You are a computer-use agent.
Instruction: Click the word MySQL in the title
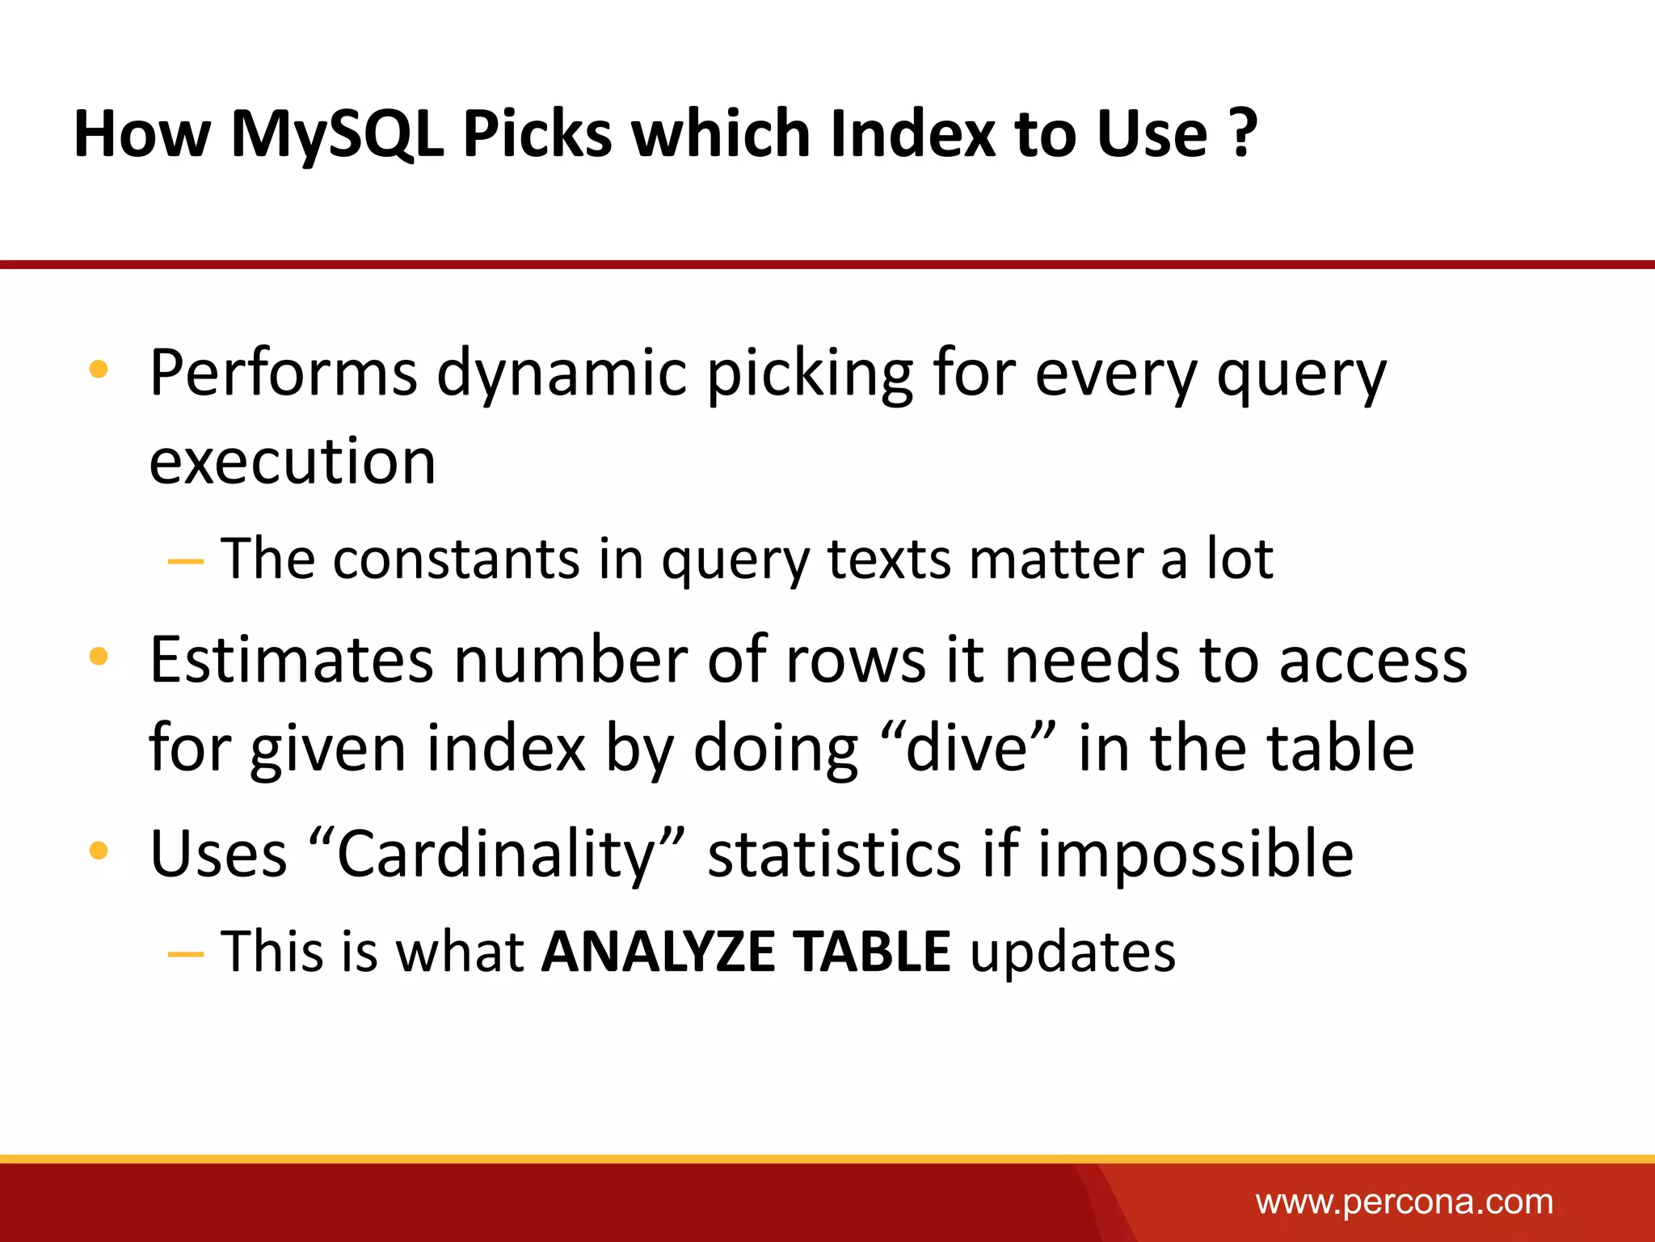coord(337,134)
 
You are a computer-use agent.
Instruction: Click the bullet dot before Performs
coord(99,370)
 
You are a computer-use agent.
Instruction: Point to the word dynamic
coord(562,374)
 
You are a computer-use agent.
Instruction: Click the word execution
coord(293,462)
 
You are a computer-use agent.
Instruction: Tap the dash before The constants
coord(185,560)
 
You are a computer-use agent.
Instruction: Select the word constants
coord(457,559)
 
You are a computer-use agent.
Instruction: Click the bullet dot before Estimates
coord(99,657)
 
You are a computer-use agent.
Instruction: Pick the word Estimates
coord(291,660)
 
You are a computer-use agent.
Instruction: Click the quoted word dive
coord(966,748)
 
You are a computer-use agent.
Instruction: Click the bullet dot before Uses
coord(99,851)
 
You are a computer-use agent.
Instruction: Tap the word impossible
coord(1195,854)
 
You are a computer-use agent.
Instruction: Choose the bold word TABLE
coord(871,951)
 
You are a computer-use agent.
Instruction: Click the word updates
coord(1072,953)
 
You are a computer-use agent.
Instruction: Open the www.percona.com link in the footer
coord(1404,1202)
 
